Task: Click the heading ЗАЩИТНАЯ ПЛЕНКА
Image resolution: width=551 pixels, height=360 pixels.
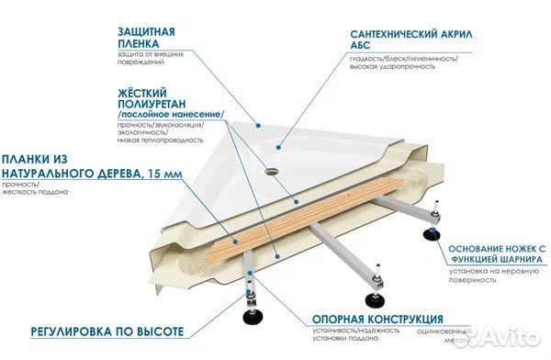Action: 146,37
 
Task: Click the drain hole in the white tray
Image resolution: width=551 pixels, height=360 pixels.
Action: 273,169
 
